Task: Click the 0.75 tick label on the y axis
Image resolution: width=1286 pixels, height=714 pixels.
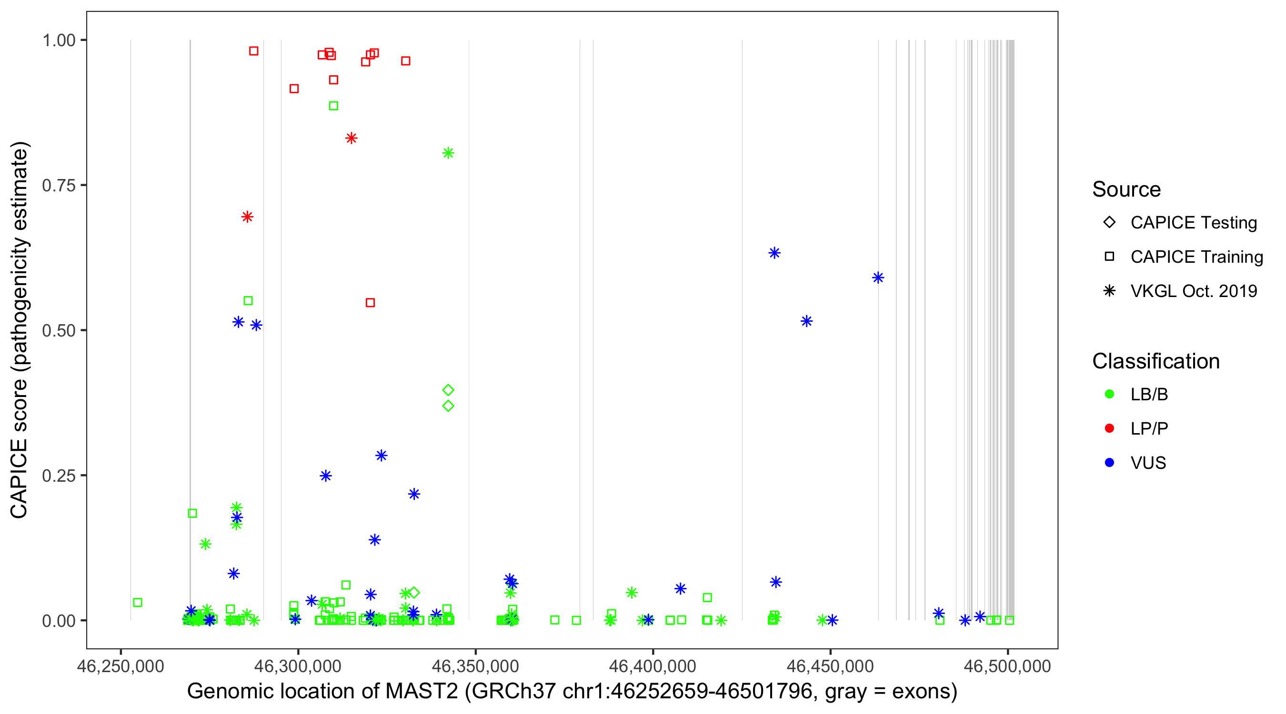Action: [x=58, y=186]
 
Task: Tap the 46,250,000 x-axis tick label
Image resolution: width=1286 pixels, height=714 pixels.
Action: [x=121, y=666]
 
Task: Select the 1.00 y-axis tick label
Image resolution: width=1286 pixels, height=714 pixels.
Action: [x=58, y=40]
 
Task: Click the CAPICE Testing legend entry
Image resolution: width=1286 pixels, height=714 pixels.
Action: [x=1193, y=223]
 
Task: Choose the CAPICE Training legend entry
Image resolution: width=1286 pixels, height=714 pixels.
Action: [x=1196, y=257]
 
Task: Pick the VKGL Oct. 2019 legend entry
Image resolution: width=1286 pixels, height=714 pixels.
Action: [x=1193, y=291]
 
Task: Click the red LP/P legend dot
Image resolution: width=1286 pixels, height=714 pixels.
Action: [x=1109, y=428]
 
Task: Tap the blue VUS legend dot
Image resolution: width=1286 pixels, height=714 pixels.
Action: [x=1109, y=463]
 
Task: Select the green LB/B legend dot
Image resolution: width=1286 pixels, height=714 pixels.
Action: [x=1109, y=394]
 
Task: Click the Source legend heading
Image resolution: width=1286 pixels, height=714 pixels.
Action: [x=1126, y=189]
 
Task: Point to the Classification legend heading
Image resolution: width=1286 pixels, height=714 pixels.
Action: [x=1155, y=361]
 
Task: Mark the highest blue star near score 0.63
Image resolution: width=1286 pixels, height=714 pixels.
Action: [x=774, y=253]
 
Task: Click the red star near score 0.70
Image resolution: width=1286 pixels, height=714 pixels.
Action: [x=247, y=217]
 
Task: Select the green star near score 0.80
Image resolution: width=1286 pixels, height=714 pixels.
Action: [x=448, y=153]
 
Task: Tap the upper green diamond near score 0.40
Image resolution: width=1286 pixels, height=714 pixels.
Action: [x=448, y=390]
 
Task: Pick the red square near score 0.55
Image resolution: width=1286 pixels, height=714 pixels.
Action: [x=370, y=303]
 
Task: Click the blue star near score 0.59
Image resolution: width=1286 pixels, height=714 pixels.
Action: [x=878, y=278]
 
